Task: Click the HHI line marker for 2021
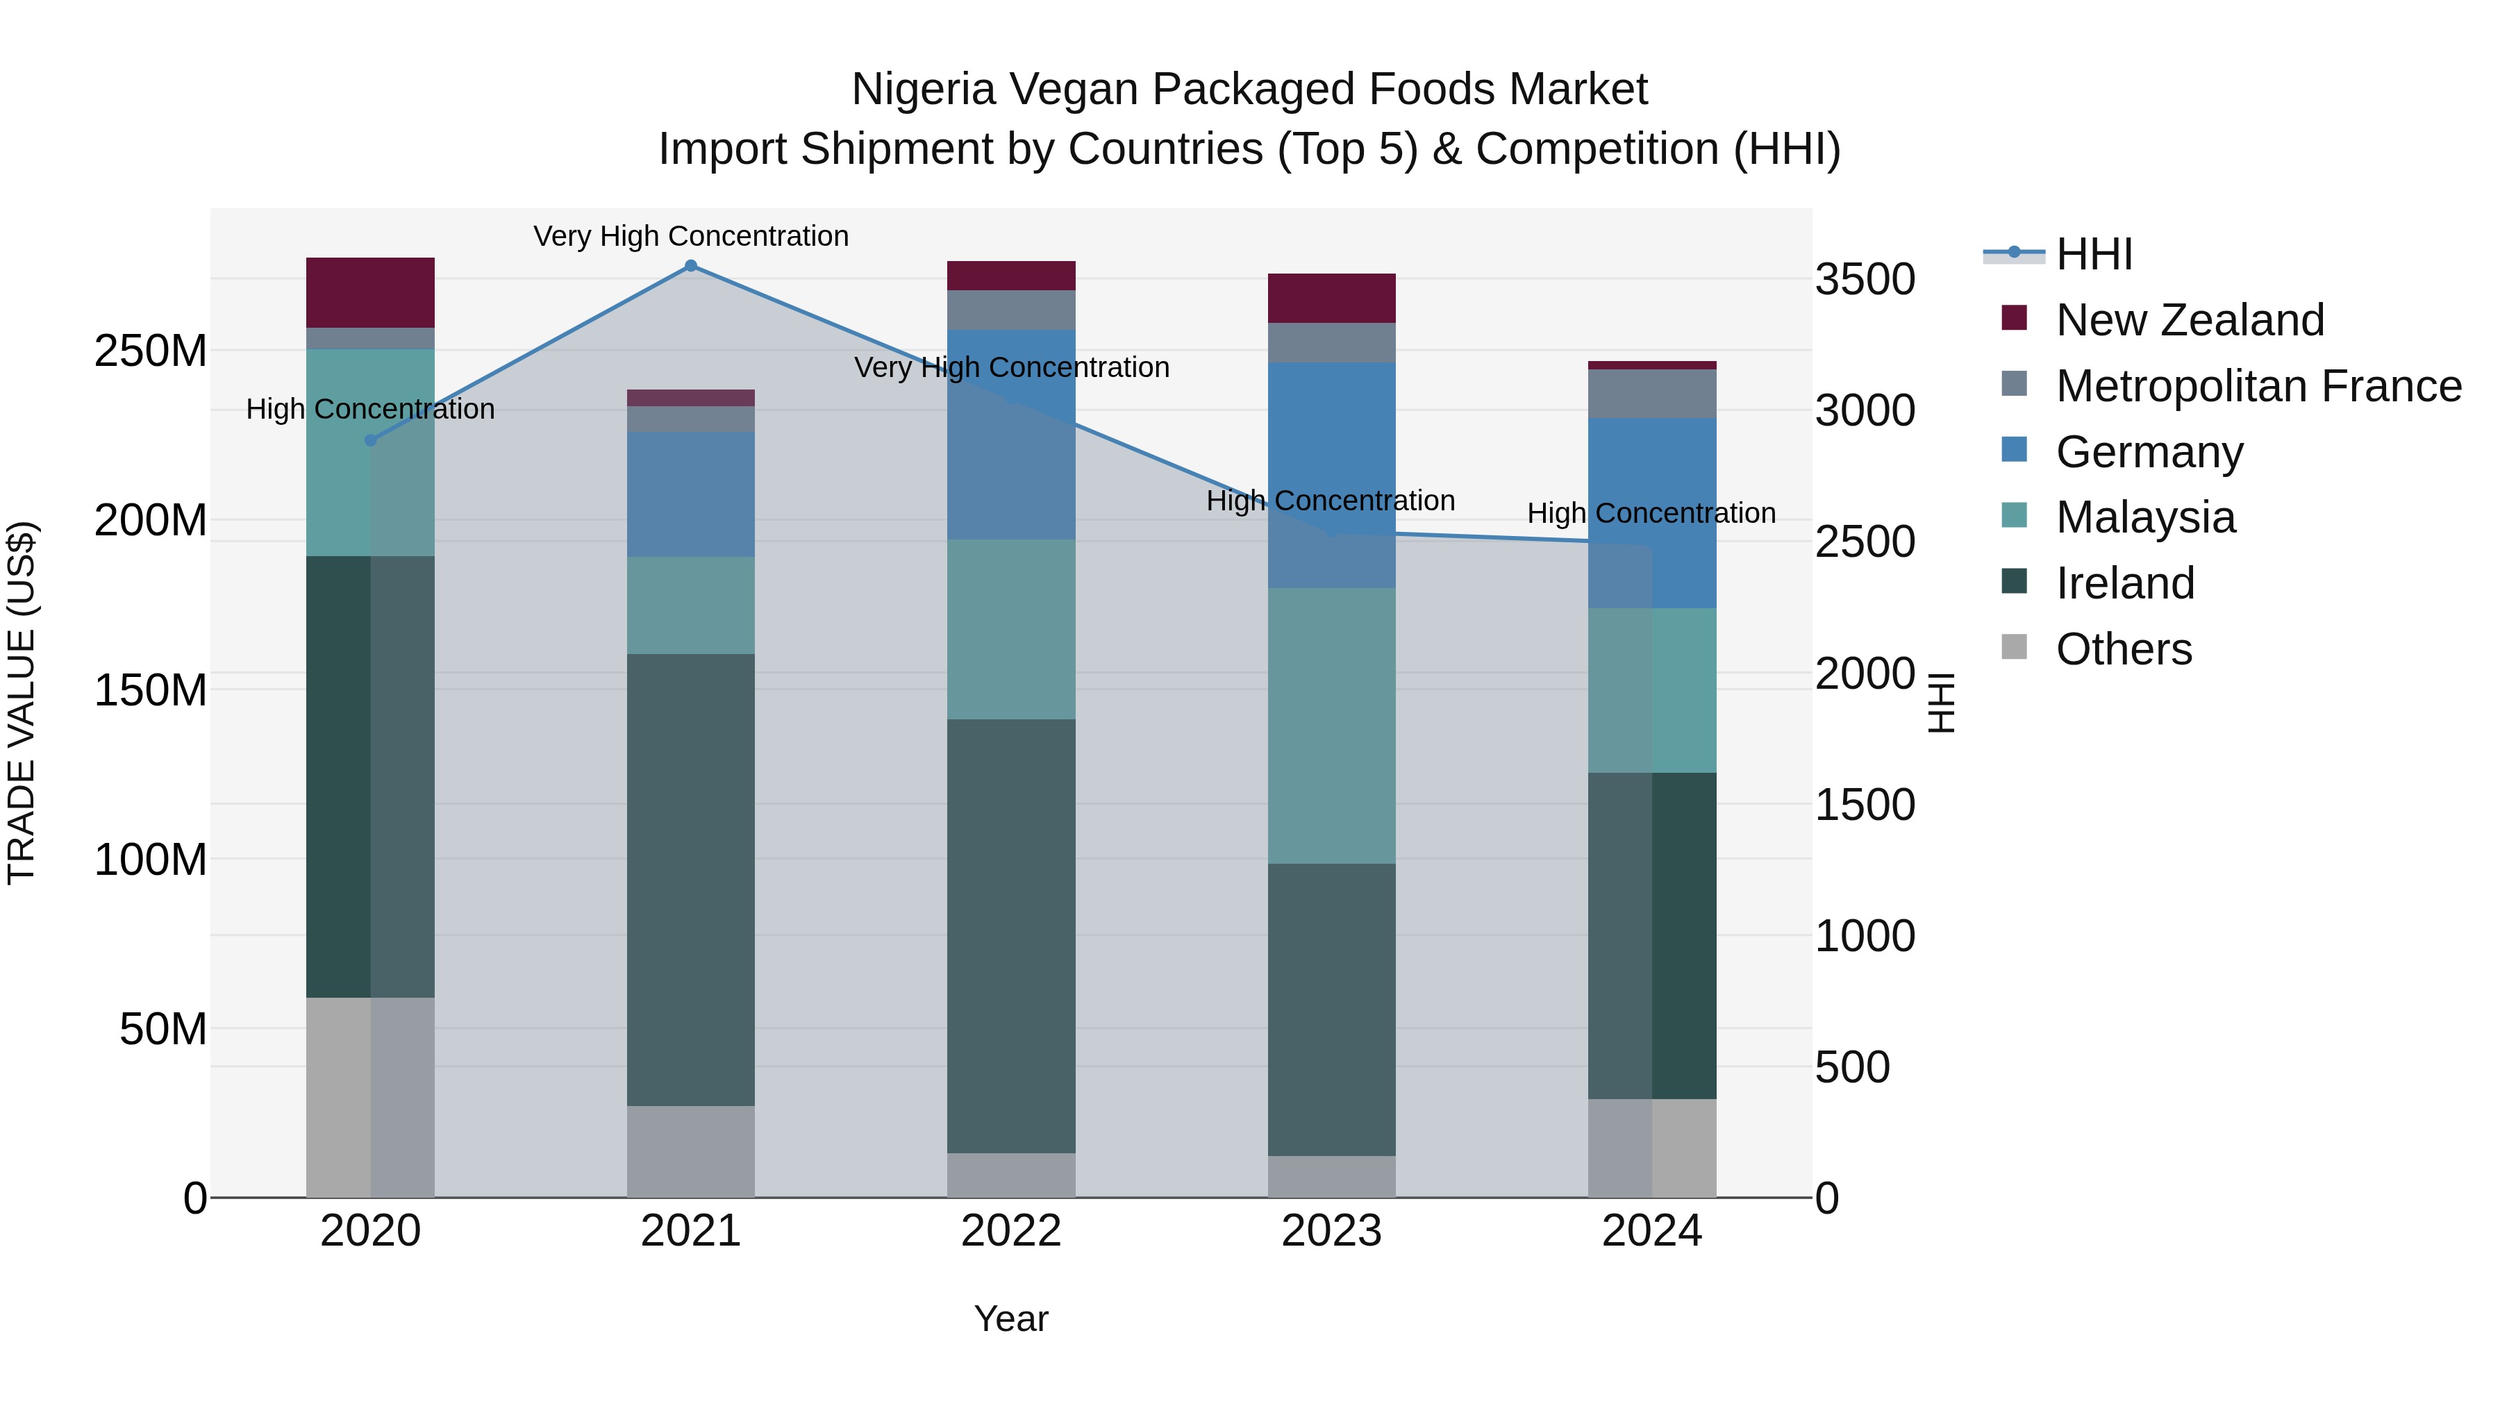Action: point(691,266)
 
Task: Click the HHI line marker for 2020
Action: point(369,440)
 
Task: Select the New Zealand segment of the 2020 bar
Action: point(369,292)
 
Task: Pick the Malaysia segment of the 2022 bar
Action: point(1011,629)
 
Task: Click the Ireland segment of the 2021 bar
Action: point(691,879)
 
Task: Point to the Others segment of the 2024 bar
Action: point(1652,1148)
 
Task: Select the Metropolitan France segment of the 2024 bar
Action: point(1652,394)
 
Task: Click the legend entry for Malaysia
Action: point(2145,517)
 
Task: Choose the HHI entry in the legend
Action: point(2093,254)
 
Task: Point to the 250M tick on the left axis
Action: point(151,351)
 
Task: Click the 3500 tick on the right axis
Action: point(1865,279)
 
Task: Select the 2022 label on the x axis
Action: point(1011,1231)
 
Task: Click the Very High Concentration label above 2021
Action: point(691,236)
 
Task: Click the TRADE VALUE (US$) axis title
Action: point(22,703)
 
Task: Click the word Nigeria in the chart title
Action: point(923,90)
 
